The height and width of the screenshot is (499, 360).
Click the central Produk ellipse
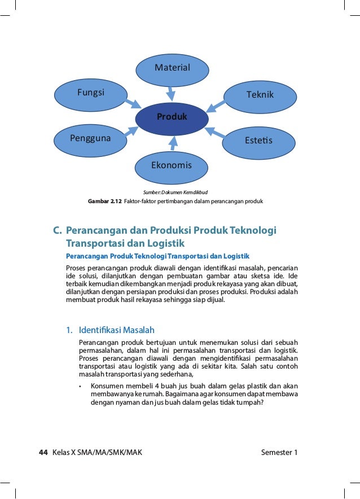click(x=172, y=118)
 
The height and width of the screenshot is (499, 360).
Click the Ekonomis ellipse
click(x=172, y=166)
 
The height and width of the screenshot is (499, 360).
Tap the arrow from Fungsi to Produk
click(x=133, y=103)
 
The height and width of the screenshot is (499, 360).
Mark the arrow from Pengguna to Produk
click(x=130, y=132)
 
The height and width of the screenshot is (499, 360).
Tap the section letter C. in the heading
click(x=57, y=231)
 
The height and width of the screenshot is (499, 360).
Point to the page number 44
click(x=43, y=453)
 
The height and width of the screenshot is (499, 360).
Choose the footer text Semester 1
click(x=279, y=453)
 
